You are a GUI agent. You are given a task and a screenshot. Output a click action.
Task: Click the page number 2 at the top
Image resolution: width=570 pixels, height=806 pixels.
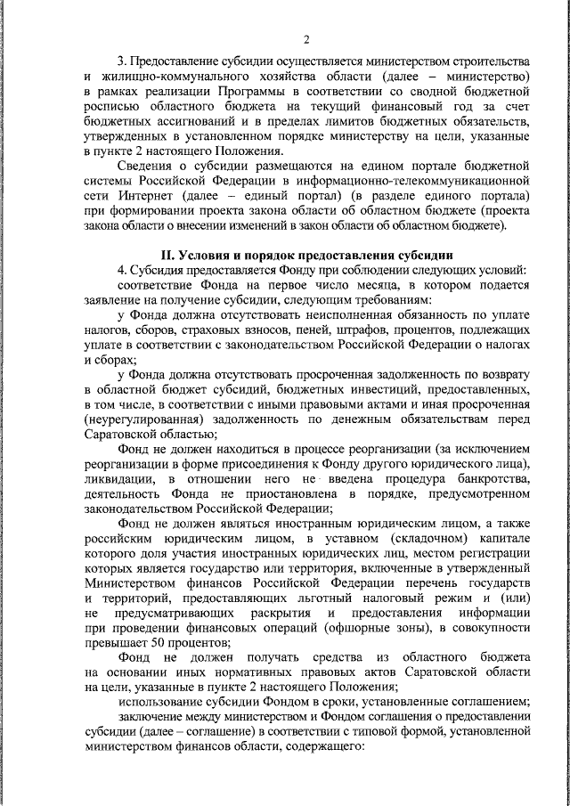[305, 39]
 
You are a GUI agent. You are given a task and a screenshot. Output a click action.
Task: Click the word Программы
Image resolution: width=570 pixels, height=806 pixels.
[257, 93]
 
